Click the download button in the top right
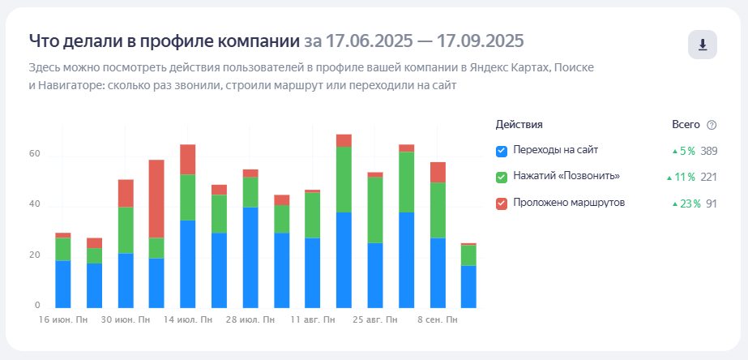click(703, 45)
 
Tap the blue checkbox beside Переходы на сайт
click(501, 151)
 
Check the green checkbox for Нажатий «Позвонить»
click(501, 177)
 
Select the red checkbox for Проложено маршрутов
click(501, 203)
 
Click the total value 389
click(710, 151)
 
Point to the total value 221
click(710, 177)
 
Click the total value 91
click(712, 203)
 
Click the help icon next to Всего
click(712, 125)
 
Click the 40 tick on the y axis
click(35, 204)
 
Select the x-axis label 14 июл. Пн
click(188, 320)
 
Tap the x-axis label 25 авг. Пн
click(375, 320)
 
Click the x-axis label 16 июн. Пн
click(62, 320)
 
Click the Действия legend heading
click(519, 124)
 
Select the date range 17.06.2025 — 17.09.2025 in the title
click(413, 41)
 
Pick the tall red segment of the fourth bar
click(156, 199)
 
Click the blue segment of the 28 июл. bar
click(250, 258)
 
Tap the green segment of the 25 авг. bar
click(375, 209)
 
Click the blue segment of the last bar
click(468, 287)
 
